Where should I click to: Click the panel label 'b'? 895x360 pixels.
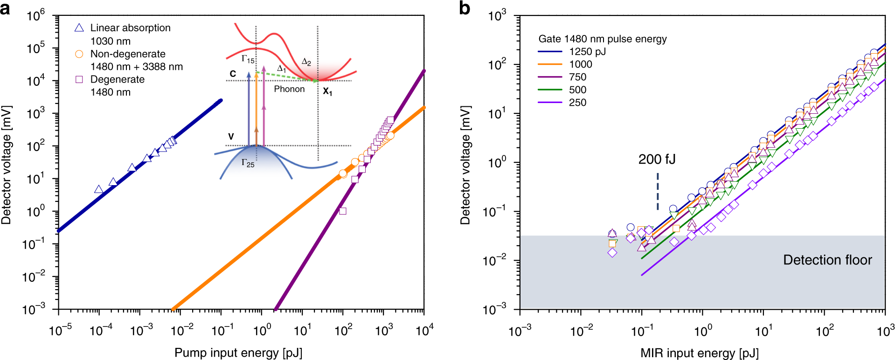(x=465, y=8)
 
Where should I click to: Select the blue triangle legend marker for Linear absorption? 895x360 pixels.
(x=79, y=28)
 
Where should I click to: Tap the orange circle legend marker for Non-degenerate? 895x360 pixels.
(x=79, y=54)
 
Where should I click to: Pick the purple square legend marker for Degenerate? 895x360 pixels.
(x=79, y=79)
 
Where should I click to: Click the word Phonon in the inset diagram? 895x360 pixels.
(x=289, y=89)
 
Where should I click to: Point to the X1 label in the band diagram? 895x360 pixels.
(x=327, y=92)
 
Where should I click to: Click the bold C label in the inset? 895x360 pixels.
(x=233, y=74)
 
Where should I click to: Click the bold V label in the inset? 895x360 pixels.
(x=231, y=137)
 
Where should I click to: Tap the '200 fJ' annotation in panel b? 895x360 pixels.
(x=657, y=159)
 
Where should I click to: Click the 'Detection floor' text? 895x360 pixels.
(x=827, y=260)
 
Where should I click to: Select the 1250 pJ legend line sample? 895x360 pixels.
(x=550, y=52)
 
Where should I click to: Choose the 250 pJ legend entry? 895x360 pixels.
(x=577, y=103)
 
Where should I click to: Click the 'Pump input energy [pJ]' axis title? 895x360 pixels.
(x=238, y=353)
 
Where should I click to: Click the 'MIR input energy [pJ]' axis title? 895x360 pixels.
(x=699, y=353)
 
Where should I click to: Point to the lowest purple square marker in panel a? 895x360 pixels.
(x=343, y=211)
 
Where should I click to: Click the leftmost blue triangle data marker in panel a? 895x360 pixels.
(x=98, y=189)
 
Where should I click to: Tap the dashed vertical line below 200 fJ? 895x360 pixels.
(x=658, y=191)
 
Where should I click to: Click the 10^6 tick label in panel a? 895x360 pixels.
(x=36, y=16)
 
